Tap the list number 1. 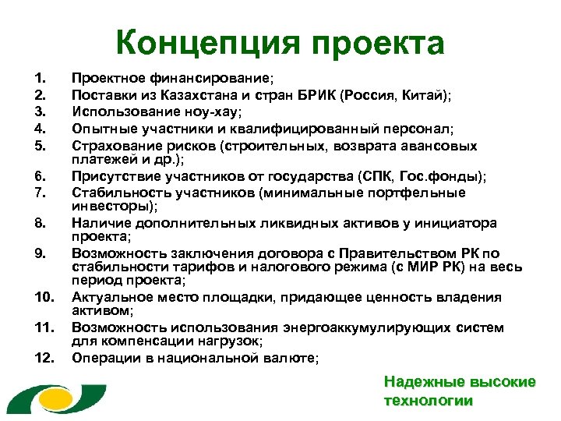[x=40, y=79]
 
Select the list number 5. [x=40, y=144]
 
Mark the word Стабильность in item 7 [x=115, y=193]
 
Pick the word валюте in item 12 [x=289, y=358]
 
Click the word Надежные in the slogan [x=418, y=383]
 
